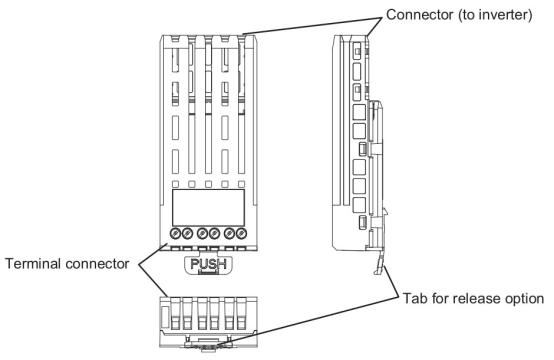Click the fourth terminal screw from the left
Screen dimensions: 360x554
pyautogui.click(x=216, y=234)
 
